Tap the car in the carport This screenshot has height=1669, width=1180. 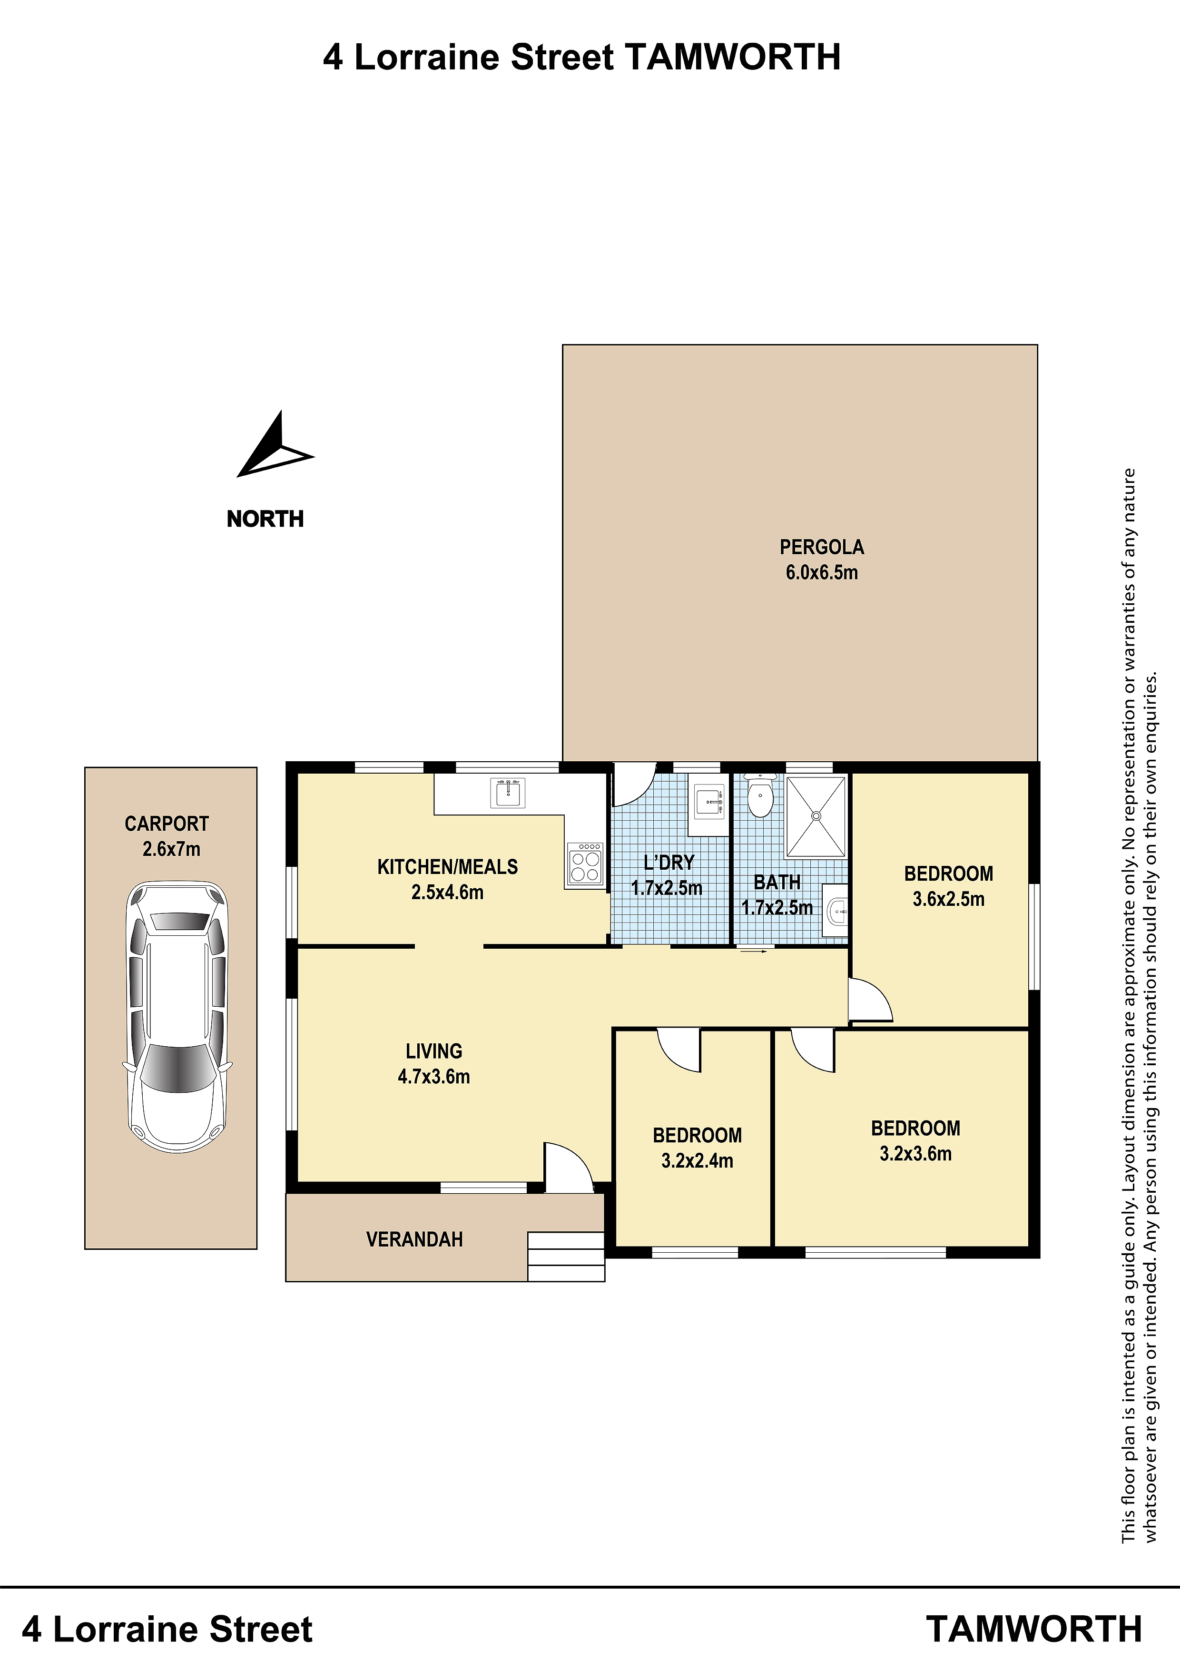(177, 1018)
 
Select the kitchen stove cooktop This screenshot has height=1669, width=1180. (585, 864)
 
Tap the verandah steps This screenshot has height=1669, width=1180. (566, 1256)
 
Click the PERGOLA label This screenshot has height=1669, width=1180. (822, 547)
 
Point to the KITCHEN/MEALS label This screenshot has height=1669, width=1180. (447, 866)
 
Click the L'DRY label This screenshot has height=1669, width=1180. (669, 862)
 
